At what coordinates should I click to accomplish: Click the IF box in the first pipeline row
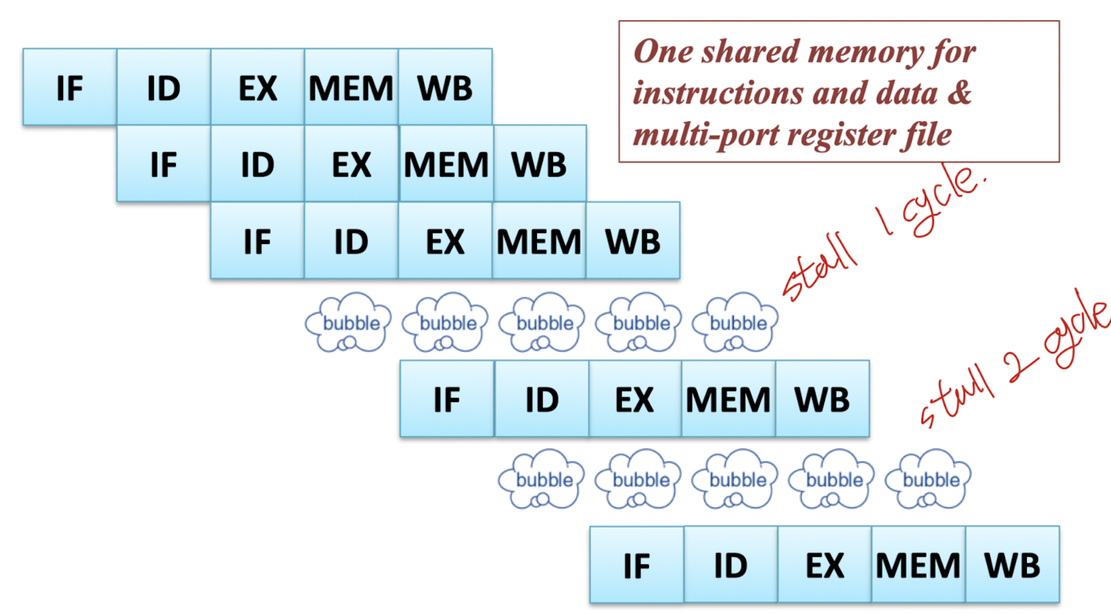[70, 87]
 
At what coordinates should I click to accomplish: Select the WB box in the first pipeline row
[445, 87]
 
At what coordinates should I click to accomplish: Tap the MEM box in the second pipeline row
[446, 163]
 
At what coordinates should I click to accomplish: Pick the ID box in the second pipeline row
[258, 163]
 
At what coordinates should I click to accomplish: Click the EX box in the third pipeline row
[445, 241]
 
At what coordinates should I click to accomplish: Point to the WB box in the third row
[633, 241]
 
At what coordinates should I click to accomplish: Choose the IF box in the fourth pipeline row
[447, 399]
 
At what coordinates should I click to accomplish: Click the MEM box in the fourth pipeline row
[728, 399]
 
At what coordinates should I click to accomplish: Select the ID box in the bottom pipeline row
[731, 565]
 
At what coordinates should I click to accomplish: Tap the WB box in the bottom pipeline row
[1013, 565]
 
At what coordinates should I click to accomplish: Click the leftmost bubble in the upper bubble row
[348, 322]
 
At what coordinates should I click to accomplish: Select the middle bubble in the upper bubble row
[541, 322]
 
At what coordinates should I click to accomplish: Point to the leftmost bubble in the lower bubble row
[541, 479]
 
